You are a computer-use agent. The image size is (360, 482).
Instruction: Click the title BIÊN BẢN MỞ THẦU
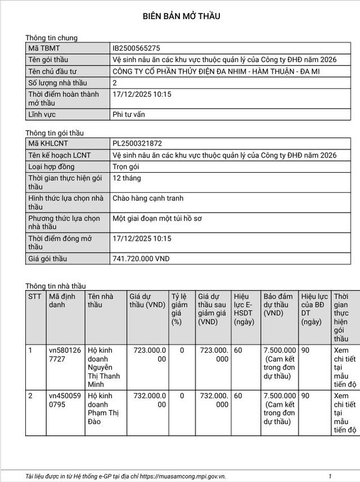click(x=181, y=16)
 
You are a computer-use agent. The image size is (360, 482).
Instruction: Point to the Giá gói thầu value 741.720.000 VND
click(x=141, y=259)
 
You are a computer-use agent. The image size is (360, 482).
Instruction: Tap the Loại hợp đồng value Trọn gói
click(x=126, y=166)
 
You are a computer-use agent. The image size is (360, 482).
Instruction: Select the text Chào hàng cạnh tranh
click(x=148, y=198)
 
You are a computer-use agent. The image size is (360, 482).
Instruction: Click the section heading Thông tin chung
click(x=51, y=38)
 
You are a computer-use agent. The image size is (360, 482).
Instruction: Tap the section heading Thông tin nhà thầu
click(x=56, y=286)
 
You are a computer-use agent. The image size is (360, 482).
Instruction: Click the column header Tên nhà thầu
click(x=100, y=300)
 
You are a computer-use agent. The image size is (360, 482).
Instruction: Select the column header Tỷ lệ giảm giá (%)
click(x=179, y=309)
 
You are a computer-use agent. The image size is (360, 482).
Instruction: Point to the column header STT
click(x=35, y=296)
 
